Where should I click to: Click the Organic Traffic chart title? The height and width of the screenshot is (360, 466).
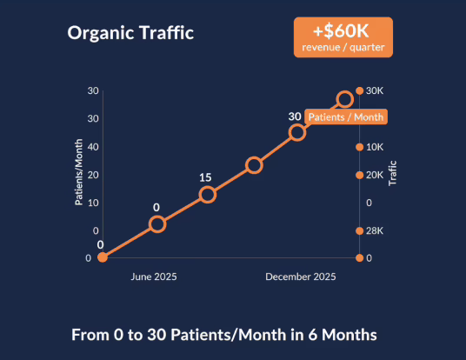[x=130, y=34]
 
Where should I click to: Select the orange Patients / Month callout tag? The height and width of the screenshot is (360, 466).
[x=345, y=117]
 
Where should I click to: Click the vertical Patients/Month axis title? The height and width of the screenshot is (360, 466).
[x=78, y=174]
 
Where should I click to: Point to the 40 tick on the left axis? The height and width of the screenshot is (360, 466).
[x=93, y=146]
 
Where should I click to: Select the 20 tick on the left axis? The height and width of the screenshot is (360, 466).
[x=93, y=174]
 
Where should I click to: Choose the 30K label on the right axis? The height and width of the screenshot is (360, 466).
[x=375, y=90]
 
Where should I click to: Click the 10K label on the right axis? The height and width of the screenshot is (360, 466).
[x=375, y=147]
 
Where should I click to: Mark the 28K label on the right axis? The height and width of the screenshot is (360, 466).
[x=375, y=230]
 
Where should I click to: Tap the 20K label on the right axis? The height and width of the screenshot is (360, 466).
[x=375, y=175]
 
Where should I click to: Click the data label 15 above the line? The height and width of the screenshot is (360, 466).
[x=205, y=177]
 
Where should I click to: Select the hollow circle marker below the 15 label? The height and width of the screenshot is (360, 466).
[x=207, y=194]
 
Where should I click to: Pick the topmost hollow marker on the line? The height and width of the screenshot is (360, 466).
[x=345, y=99]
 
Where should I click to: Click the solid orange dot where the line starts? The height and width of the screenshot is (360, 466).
[x=103, y=257]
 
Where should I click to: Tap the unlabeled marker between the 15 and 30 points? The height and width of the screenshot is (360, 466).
[x=254, y=164]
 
